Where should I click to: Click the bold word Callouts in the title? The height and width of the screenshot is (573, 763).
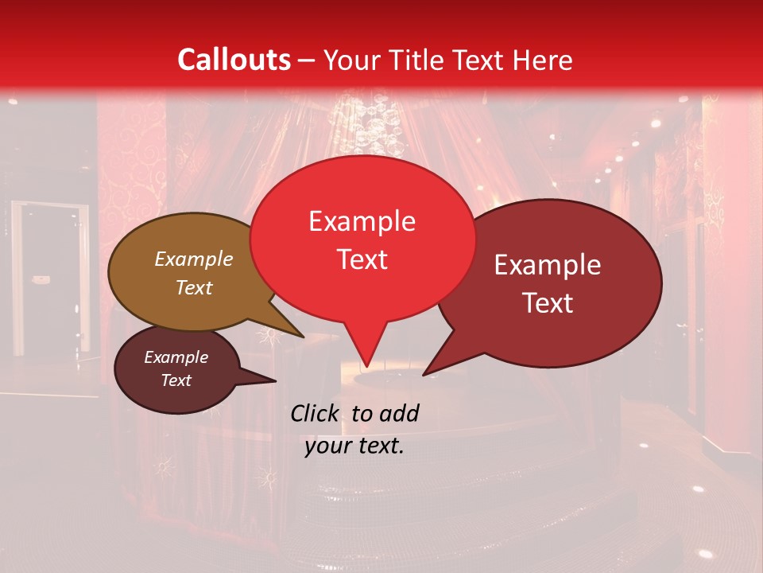pos(234,60)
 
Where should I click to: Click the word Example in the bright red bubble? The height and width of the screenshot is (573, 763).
pos(362,221)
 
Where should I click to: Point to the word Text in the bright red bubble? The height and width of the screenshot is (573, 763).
pos(362,259)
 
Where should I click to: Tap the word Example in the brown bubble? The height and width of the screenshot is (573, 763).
pos(194,259)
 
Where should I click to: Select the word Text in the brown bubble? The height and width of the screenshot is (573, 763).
pos(194,287)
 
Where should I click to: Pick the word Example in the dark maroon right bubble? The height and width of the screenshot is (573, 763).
pos(548,265)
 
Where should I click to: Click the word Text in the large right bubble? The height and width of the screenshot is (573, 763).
pos(548,302)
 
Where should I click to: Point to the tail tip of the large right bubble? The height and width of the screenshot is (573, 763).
pos(425,373)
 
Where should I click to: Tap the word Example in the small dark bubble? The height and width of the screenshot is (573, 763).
pos(176,357)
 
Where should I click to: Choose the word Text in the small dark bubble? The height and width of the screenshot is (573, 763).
pos(176,380)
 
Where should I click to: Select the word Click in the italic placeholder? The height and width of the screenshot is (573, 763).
pos(314,413)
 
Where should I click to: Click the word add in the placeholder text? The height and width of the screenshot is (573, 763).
pos(398,413)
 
